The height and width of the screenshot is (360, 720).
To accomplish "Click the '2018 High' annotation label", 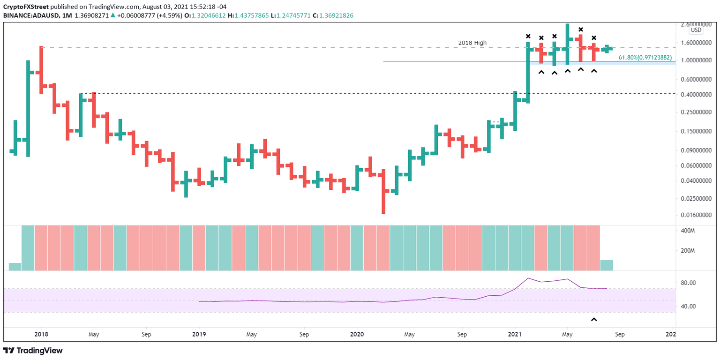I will point(472,43).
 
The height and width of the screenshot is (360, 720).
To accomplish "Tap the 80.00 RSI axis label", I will point(695,283).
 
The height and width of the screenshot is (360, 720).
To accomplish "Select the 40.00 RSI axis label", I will point(695,307).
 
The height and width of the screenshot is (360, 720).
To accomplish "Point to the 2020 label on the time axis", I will point(357,335).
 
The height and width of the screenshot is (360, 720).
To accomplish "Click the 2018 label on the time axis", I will point(41,335).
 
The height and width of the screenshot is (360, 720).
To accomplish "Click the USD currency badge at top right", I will point(696,30).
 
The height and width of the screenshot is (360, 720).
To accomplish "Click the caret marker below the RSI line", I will point(594,320).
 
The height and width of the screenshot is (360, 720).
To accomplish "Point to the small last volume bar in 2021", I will point(607,265).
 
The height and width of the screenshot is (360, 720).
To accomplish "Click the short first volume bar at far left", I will point(15,267).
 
